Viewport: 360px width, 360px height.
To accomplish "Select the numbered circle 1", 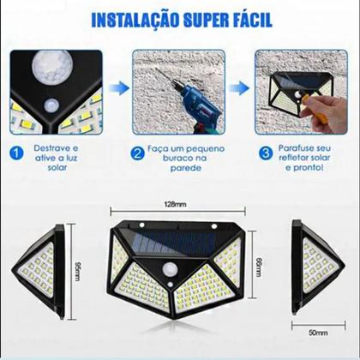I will click(x=16, y=153).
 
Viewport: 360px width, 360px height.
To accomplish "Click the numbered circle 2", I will click(x=137, y=153).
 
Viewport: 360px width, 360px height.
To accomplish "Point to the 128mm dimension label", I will click(x=176, y=203).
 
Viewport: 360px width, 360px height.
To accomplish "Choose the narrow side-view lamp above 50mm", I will click(x=313, y=265).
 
